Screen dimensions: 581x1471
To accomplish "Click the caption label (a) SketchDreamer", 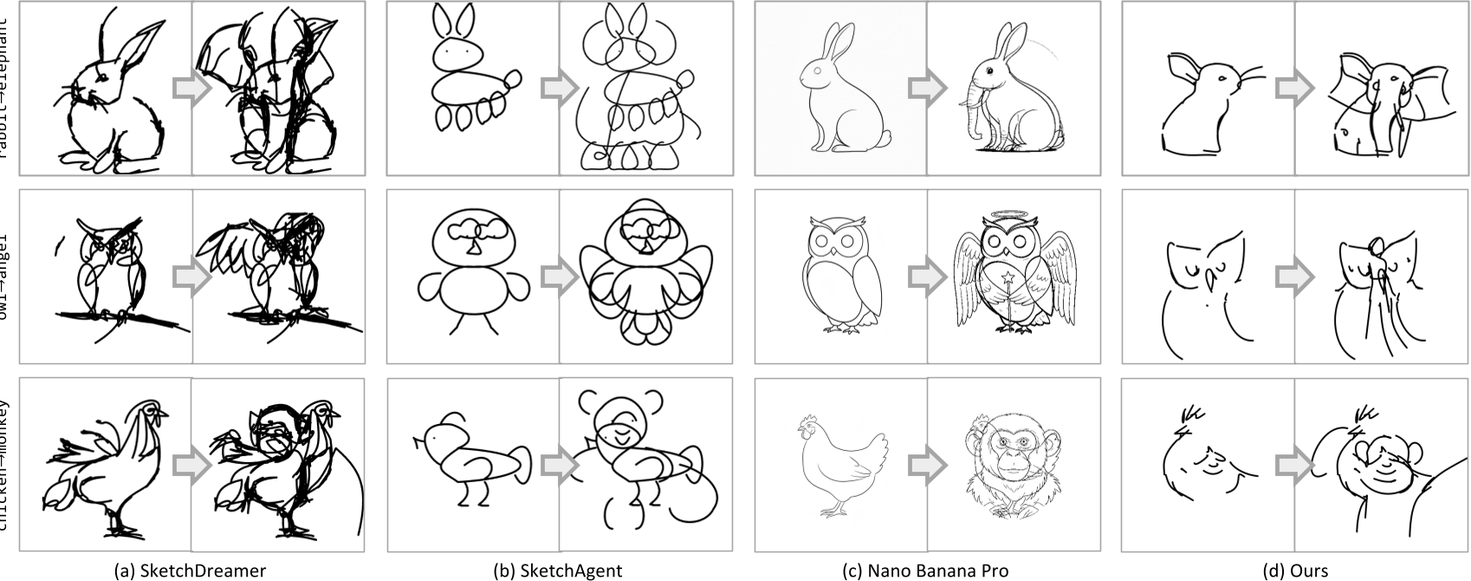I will coord(190,571).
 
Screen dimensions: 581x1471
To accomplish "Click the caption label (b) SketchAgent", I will coord(557,571).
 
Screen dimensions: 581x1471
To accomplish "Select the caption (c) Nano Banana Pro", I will coord(925,571).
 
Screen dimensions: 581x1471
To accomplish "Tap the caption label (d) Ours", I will coord(1294,571).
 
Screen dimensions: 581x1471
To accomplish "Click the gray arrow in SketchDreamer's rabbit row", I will coord(191,90).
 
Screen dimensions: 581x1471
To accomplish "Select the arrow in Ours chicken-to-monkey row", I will coord(1294,466).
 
